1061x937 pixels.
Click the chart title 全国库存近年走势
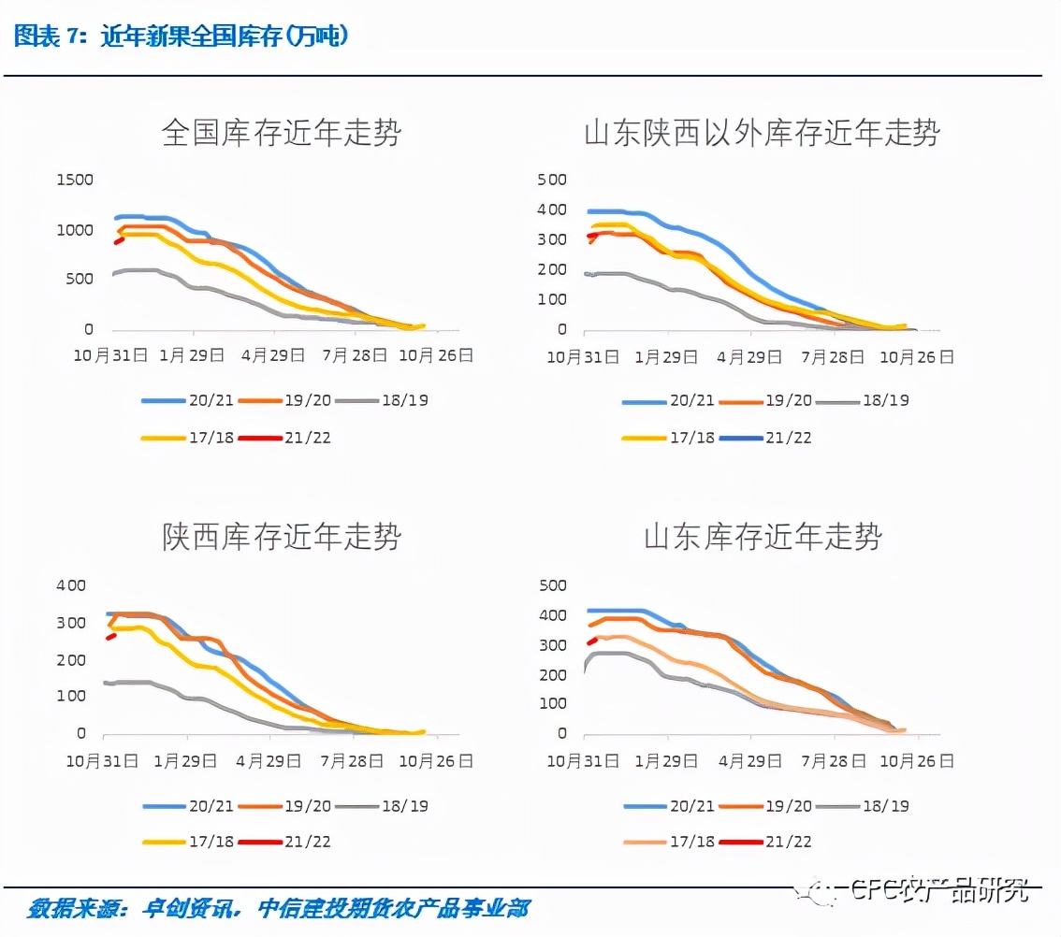[x=281, y=133]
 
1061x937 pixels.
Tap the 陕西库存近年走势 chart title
[x=281, y=537]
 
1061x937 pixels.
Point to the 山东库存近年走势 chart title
[x=762, y=537]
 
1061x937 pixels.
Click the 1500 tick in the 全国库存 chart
[x=75, y=180]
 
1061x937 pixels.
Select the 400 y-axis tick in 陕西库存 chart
[x=71, y=585]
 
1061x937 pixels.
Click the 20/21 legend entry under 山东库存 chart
[x=668, y=805]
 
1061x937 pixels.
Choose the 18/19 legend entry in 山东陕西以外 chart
[x=861, y=400]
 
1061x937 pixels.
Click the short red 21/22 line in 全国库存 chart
[x=119, y=240]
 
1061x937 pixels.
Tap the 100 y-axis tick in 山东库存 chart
[x=555, y=704]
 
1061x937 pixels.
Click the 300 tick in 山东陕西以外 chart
[x=552, y=239]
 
